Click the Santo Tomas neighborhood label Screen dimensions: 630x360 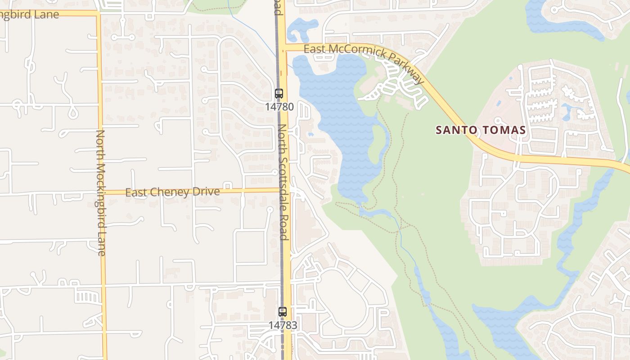(481, 130)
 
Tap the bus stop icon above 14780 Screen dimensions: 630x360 (279, 94)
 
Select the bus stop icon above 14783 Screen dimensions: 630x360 (282, 311)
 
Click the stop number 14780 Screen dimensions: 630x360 (279, 107)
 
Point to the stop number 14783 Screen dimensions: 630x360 (283, 325)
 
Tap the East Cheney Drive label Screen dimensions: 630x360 (172, 192)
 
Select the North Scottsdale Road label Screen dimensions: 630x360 (283, 182)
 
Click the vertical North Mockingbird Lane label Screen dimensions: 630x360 (100, 193)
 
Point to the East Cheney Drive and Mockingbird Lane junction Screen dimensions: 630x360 (102, 193)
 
